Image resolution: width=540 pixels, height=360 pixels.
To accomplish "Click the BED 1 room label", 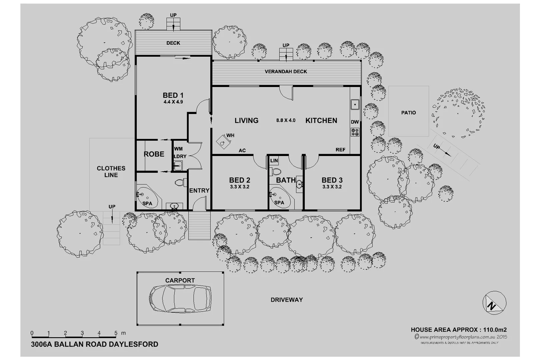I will click(173, 95).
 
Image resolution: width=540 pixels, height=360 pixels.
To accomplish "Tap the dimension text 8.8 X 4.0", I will click(286, 120).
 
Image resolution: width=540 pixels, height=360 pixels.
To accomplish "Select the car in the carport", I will click(180, 298).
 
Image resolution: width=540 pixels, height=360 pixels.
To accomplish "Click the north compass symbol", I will click(494, 303).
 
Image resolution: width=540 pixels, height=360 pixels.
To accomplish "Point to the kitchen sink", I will click(355, 104).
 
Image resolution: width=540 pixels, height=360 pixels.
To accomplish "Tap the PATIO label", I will click(408, 113).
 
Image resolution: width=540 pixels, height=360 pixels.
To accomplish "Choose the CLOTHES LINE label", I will click(111, 171).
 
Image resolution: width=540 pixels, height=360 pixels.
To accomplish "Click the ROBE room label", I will click(154, 154).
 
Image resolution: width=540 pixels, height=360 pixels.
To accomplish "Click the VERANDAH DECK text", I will click(286, 71).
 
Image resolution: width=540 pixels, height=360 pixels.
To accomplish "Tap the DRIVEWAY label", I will click(286, 300).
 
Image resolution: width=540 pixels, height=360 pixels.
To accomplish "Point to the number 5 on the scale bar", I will click(116, 333).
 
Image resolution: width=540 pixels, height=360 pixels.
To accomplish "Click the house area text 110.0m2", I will click(495, 330).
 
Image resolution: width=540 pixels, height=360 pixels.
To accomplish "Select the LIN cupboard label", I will click(274, 161).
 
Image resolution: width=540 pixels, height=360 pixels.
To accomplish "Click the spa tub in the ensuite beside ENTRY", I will click(147, 197).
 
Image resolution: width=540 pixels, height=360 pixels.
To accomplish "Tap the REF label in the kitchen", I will click(340, 150).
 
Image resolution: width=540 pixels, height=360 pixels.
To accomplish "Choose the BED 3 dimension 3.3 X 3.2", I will click(332, 187).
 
